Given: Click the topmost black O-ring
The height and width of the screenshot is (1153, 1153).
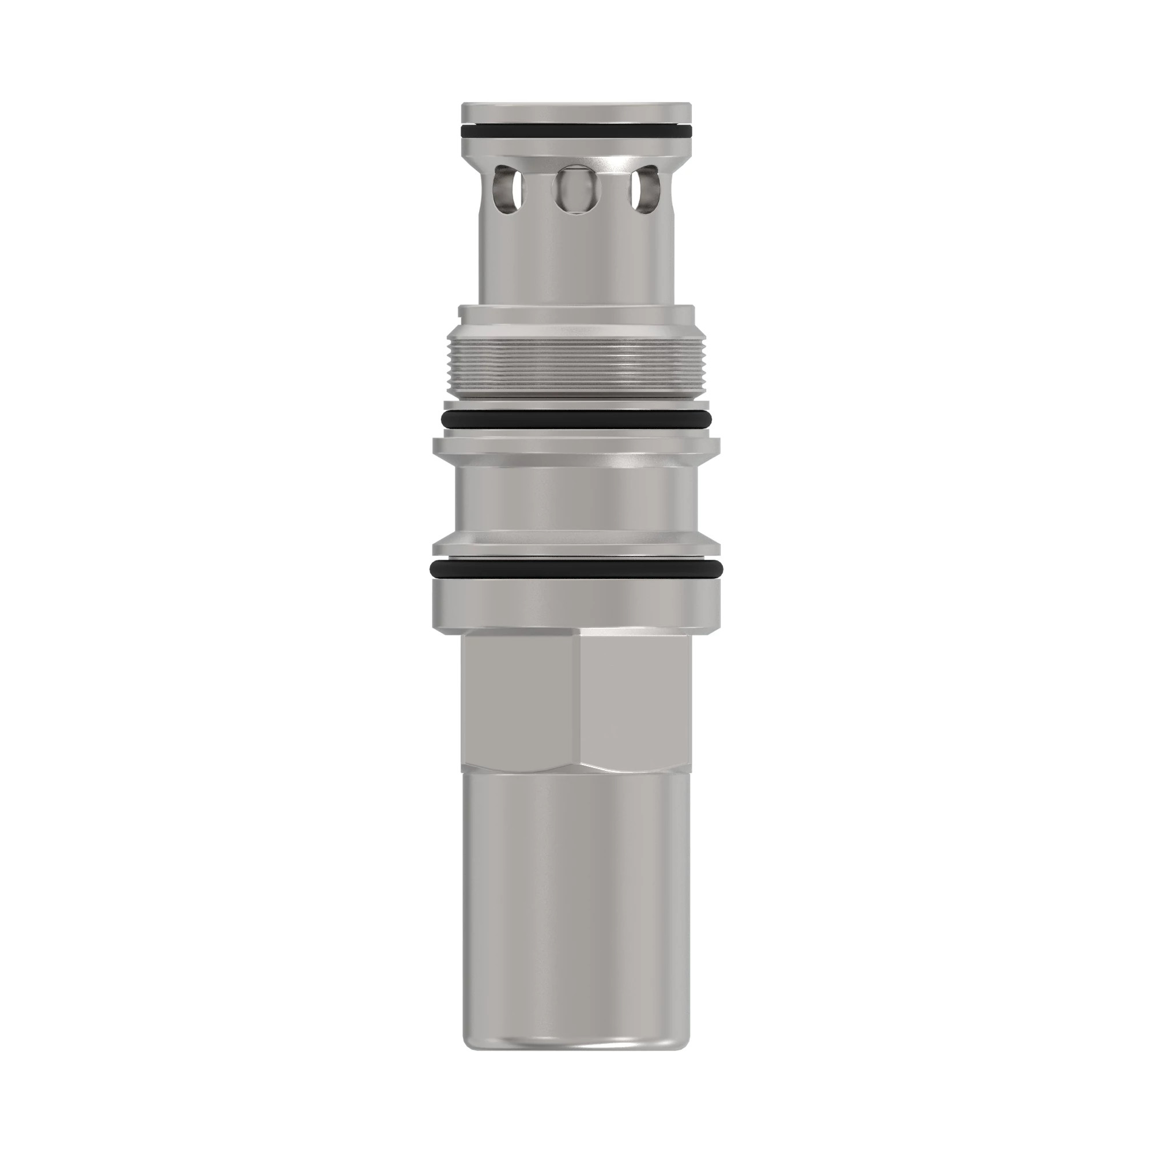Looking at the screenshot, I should click(576, 130).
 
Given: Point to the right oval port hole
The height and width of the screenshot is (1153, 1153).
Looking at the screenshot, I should click(644, 193).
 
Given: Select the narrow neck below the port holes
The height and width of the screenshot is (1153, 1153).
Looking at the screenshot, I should click(576, 262).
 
